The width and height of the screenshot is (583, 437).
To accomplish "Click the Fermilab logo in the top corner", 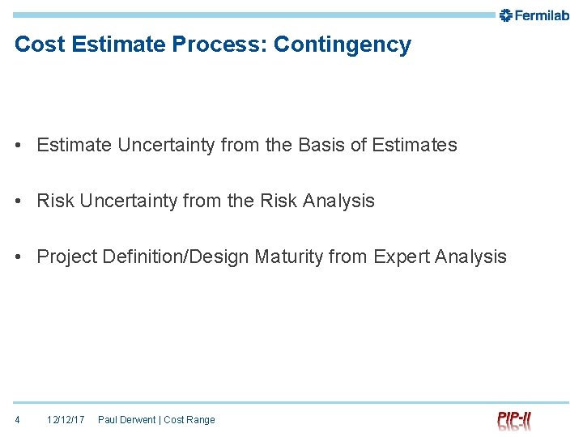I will click(x=534, y=15).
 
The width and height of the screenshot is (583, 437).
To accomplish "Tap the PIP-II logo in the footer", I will click(x=514, y=420).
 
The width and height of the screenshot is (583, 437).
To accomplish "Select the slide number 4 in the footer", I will click(x=18, y=419).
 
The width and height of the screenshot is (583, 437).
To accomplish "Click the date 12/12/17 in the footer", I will click(x=66, y=419).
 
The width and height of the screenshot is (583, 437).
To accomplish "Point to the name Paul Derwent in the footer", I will click(x=126, y=419).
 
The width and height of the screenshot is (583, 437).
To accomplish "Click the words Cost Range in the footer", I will click(x=189, y=419).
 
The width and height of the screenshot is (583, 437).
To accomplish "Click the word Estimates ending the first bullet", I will click(x=415, y=145).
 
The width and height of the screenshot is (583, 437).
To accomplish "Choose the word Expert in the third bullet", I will click(x=401, y=257).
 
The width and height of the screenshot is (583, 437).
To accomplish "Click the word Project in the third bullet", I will click(x=65, y=257).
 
